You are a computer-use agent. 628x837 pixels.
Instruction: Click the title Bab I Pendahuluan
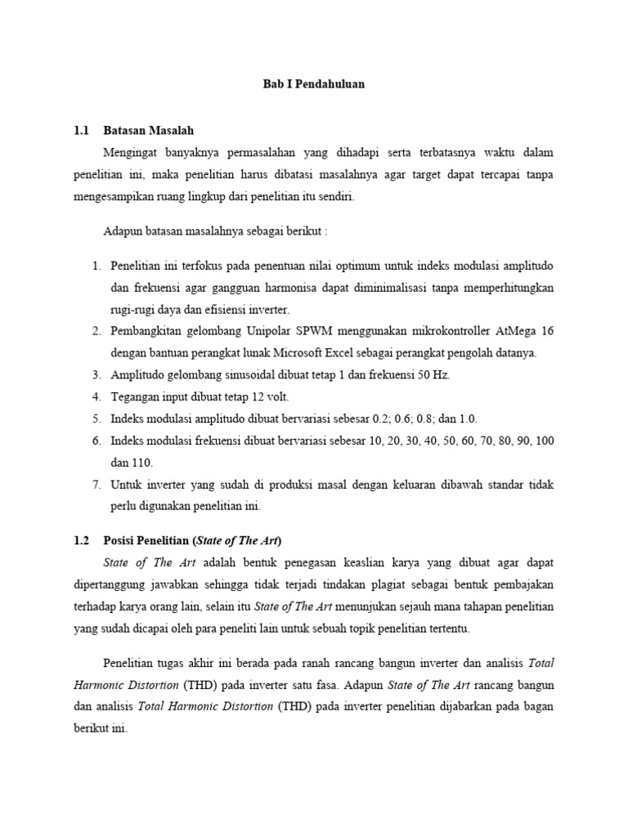pyautogui.click(x=313, y=84)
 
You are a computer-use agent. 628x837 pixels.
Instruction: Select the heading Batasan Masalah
pyautogui.click(x=149, y=130)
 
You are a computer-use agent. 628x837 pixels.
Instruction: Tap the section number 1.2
pyautogui.click(x=80, y=540)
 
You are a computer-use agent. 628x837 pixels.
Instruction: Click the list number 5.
pyautogui.click(x=96, y=418)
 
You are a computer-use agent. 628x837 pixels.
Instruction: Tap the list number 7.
pyautogui.click(x=96, y=485)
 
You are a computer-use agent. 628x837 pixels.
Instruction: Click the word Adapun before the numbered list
pyautogui.click(x=123, y=231)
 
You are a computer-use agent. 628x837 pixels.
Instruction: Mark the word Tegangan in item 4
pyautogui.click(x=135, y=396)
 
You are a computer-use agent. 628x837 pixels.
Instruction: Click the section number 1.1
pyautogui.click(x=80, y=130)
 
